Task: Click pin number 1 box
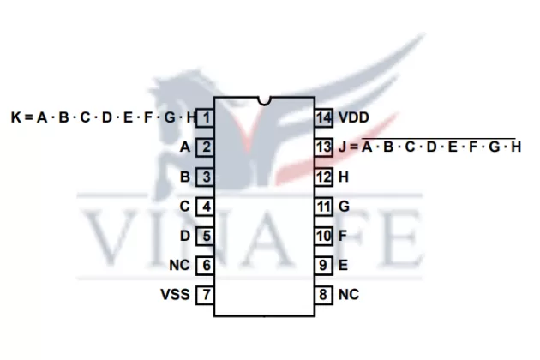pyautogui.click(x=206, y=117)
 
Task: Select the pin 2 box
pyautogui.click(x=206, y=147)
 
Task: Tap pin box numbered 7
pyautogui.click(x=206, y=295)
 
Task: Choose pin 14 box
pyautogui.click(x=323, y=117)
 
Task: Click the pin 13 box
pyautogui.click(x=323, y=147)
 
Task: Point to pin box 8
pyautogui.click(x=323, y=295)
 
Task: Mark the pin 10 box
pyautogui.click(x=323, y=236)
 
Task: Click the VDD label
pyautogui.click(x=354, y=117)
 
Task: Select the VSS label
pyautogui.click(x=175, y=295)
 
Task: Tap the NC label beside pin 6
pyautogui.click(x=180, y=265)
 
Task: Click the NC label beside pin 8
pyautogui.click(x=348, y=295)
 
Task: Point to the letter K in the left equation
pyautogui.click(x=16, y=117)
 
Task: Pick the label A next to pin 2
pyautogui.click(x=184, y=147)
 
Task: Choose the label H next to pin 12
pyautogui.click(x=344, y=177)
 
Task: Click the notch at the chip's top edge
pyautogui.click(x=265, y=103)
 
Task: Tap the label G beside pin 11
pyautogui.click(x=344, y=206)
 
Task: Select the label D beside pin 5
pyautogui.click(x=184, y=236)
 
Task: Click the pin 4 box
pyautogui.click(x=206, y=206)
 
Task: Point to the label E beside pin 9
pyautogui.click(x=344, y=265)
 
